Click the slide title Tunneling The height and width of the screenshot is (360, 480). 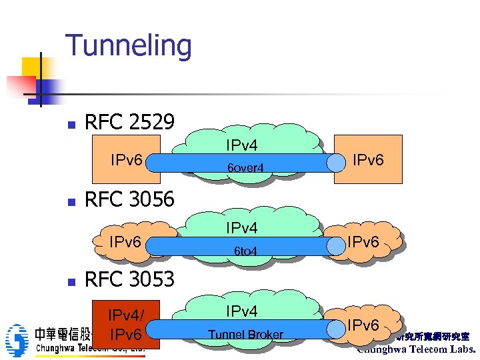[128, 46]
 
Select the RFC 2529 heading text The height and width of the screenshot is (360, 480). [129, 122]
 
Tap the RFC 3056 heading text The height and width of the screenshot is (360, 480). [129, 199]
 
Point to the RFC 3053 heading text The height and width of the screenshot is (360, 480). [129, 279]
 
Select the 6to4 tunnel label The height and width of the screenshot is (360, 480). [245, 251]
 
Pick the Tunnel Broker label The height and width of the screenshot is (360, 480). [245, 335]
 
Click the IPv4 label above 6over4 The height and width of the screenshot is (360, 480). [241, 145]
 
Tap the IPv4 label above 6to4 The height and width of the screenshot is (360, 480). [241, 229]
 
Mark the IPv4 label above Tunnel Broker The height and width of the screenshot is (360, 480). [241, 311]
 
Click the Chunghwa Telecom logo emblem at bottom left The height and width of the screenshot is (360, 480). [15, 340]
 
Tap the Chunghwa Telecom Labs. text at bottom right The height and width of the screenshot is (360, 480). [417, 349]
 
